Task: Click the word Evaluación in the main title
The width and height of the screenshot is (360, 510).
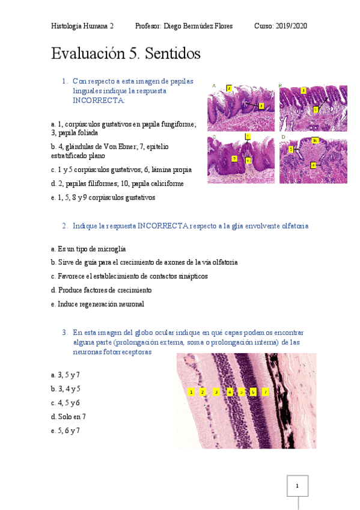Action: (x=88, y=54)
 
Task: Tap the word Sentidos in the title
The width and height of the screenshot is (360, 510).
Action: (x=171, y=54)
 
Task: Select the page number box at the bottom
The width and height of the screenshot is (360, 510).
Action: (x=297, y=485)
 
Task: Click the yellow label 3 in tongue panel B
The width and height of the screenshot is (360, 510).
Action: (x=304, y=90)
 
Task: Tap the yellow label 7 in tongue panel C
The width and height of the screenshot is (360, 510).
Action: (x=248, y=137)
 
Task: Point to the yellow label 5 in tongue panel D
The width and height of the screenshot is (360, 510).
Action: (x=291, y=149)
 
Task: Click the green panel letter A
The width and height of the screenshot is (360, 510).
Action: (x=214, y=85)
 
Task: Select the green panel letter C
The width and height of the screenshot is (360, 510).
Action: (x=214, y=138)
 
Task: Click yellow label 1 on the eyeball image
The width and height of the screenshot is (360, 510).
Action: (x=191, y=392)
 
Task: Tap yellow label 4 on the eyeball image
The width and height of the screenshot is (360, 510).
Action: (x=230, y=392)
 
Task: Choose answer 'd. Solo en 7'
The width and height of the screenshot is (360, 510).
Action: (x=69, y=416)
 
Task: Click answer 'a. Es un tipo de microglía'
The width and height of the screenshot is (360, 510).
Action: (x=88, y=248)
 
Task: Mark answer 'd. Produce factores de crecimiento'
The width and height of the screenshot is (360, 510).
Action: (x=101, y=290)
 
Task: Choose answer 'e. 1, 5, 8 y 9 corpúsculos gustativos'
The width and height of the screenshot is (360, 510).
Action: (x=103, y=197)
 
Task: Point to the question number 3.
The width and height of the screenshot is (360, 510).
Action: (x=64, y=332)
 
